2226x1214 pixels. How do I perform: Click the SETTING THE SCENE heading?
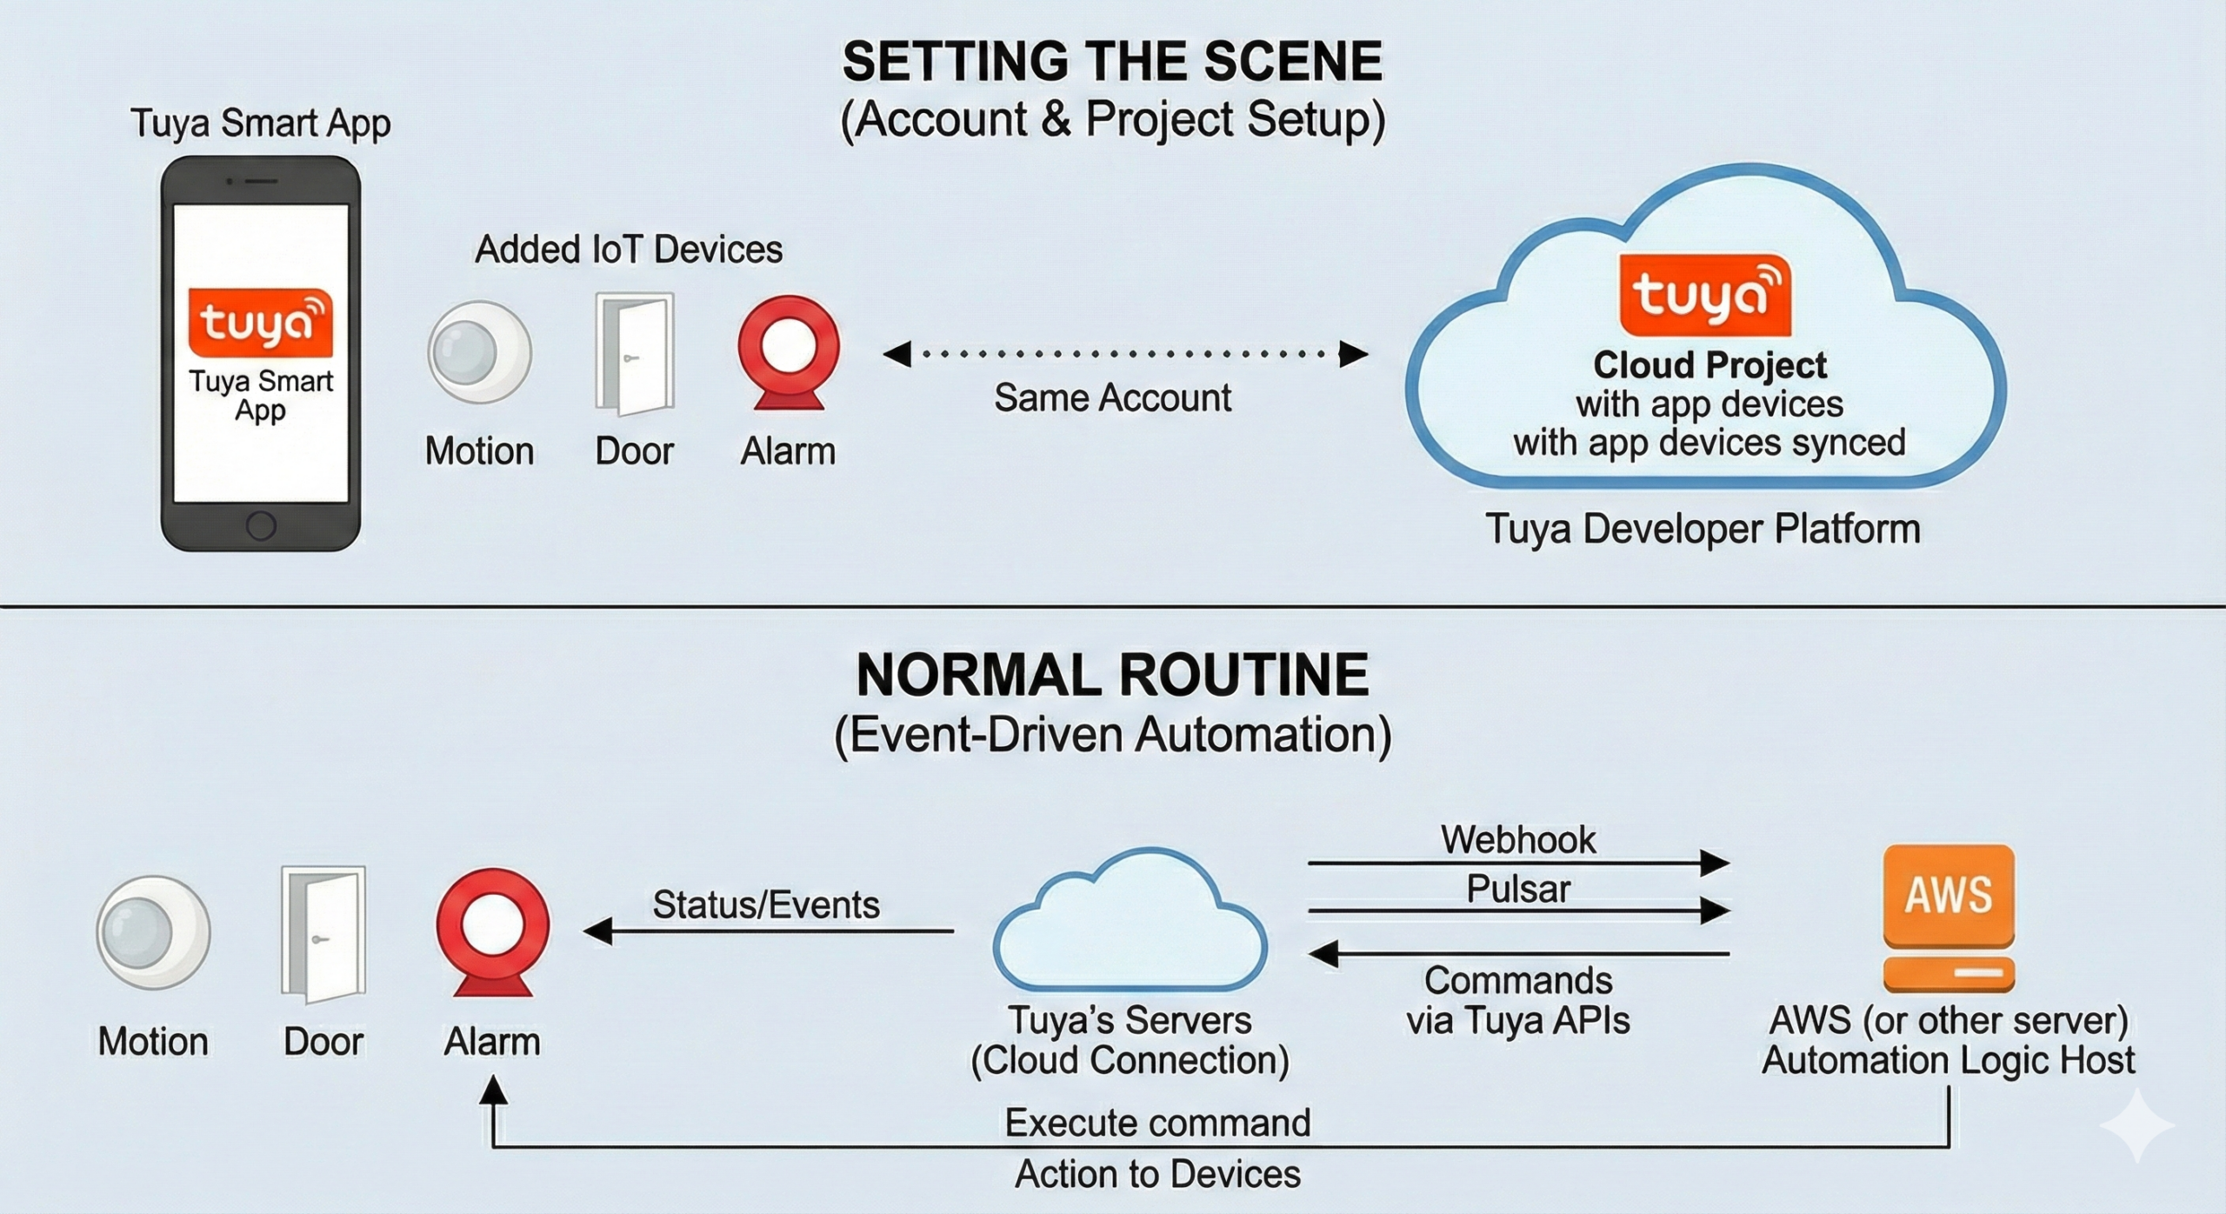coord(1112,62)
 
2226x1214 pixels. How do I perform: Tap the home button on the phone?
coord(261,525)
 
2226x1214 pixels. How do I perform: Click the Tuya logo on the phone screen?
coord(261,323)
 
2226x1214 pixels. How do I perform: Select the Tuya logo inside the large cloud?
coord(1705,295)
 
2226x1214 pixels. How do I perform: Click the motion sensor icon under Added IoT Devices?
coord(479,352)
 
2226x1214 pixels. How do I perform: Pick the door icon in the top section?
coord(635,354)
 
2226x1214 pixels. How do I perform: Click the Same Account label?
coord(1112,398)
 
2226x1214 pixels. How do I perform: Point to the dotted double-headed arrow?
coord(1125,354)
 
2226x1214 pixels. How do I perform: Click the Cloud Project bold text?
coord(1709,365)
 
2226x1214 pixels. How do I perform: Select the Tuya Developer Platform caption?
coord(1703,529)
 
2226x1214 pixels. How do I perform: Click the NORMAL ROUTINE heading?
coord(1112,676)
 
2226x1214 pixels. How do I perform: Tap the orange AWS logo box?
coord(1949,896)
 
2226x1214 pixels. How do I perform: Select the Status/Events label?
coord(766,905)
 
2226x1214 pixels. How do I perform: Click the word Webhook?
coord(1518,840)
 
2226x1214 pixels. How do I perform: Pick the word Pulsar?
coord(1518,889)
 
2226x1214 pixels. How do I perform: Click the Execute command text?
coord(1157,1123)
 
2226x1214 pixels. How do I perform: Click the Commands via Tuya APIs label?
coord(1518,1000)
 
